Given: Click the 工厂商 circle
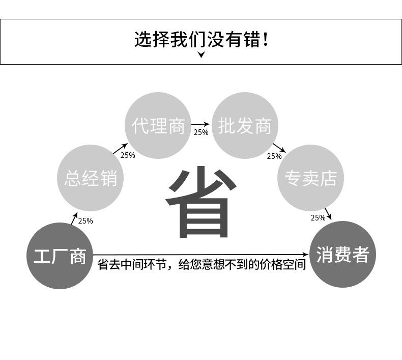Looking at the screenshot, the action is tap(60, 256).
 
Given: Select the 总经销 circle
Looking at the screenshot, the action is tap(91, 178).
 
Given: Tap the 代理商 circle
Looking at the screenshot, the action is tap(158, 126).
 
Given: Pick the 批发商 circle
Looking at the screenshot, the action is tap(245, 126).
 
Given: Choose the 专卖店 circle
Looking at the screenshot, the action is tap(310, 178).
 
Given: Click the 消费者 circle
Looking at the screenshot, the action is tap(342, 254).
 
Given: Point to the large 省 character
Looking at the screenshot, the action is tap(200, 203).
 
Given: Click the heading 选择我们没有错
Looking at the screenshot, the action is tap(201, 39).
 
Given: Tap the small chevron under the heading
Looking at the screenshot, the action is tap(201, 55).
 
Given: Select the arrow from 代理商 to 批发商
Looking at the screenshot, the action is tap(200, 124).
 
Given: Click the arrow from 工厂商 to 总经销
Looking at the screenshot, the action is tap(74, 218).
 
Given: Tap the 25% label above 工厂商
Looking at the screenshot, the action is tap(85, 221).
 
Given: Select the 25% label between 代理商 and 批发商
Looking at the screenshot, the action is tap(200, 132).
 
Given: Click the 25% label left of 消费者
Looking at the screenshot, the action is tap(318, 218).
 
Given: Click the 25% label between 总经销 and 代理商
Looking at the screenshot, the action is tap(128, 155).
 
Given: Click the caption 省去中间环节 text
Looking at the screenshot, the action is tap(202, 265).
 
